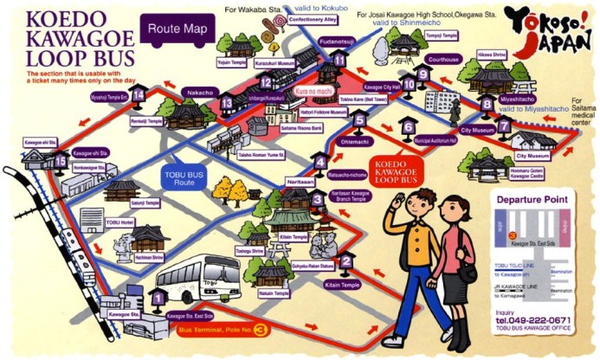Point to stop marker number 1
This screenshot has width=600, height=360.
click(x=157, y=299)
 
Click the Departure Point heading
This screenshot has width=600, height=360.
click(x=532, y=200)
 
